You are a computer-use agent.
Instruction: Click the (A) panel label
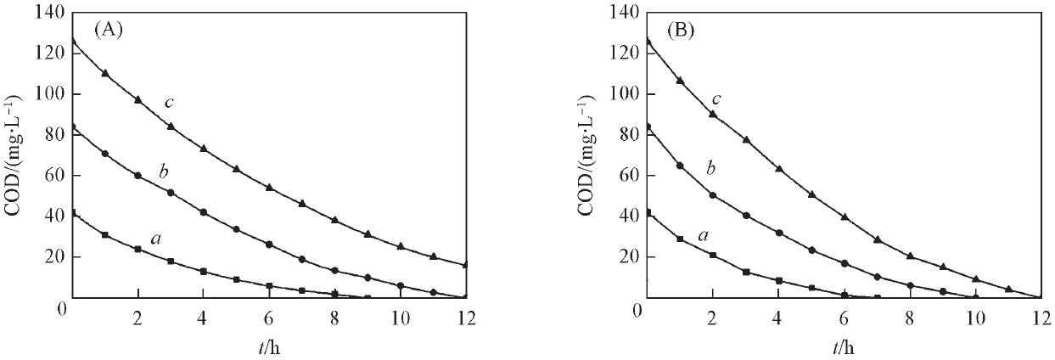(109, 30)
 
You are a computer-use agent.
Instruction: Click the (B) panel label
(682, 30)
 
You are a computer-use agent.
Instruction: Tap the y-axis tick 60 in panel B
(626, 176)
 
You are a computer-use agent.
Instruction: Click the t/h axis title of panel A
(269, 346)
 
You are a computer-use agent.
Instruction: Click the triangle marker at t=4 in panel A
(204, 149)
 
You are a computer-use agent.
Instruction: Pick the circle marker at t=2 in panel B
(713, 195)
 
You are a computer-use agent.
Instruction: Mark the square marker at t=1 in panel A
(105, 234)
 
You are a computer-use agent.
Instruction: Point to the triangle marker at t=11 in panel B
(1008, 290)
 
